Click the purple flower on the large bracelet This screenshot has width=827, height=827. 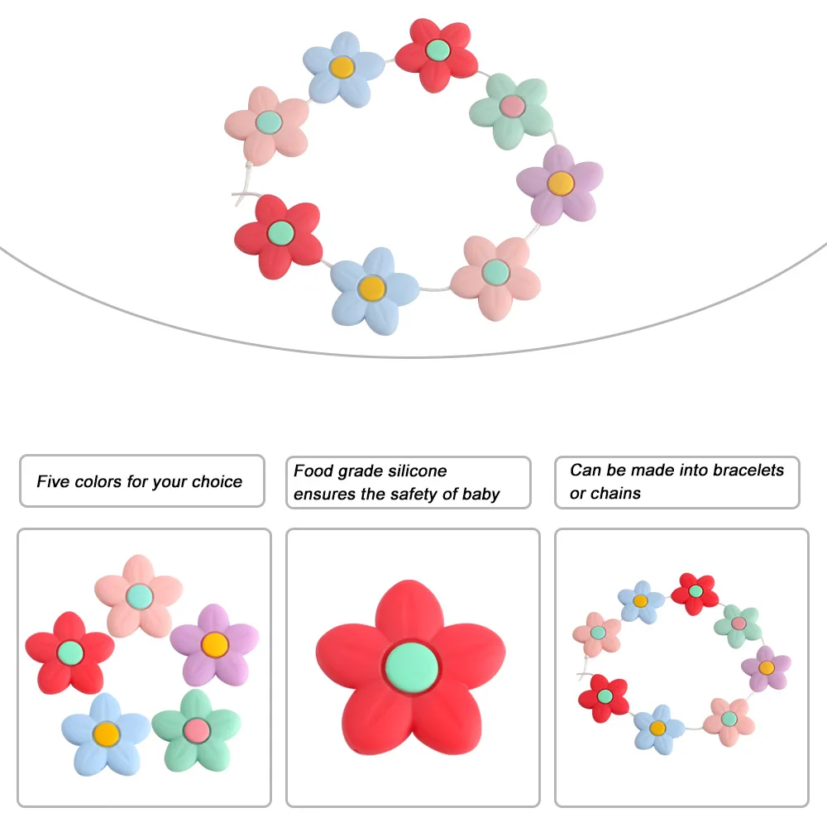(x=560, y=184)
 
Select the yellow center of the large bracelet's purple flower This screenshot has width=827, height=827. (x=560, y=183)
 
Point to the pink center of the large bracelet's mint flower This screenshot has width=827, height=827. (x=513, y=106)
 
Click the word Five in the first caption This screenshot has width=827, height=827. (x=54, y=481)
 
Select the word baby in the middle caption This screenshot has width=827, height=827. (x=479, y=495)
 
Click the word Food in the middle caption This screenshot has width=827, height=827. (x=313, y=471)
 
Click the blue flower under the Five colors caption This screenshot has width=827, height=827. (x=106, y=732)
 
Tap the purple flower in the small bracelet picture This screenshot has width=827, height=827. (x=766, y=667)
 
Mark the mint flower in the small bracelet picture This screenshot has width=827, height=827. (x=738, y=624)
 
